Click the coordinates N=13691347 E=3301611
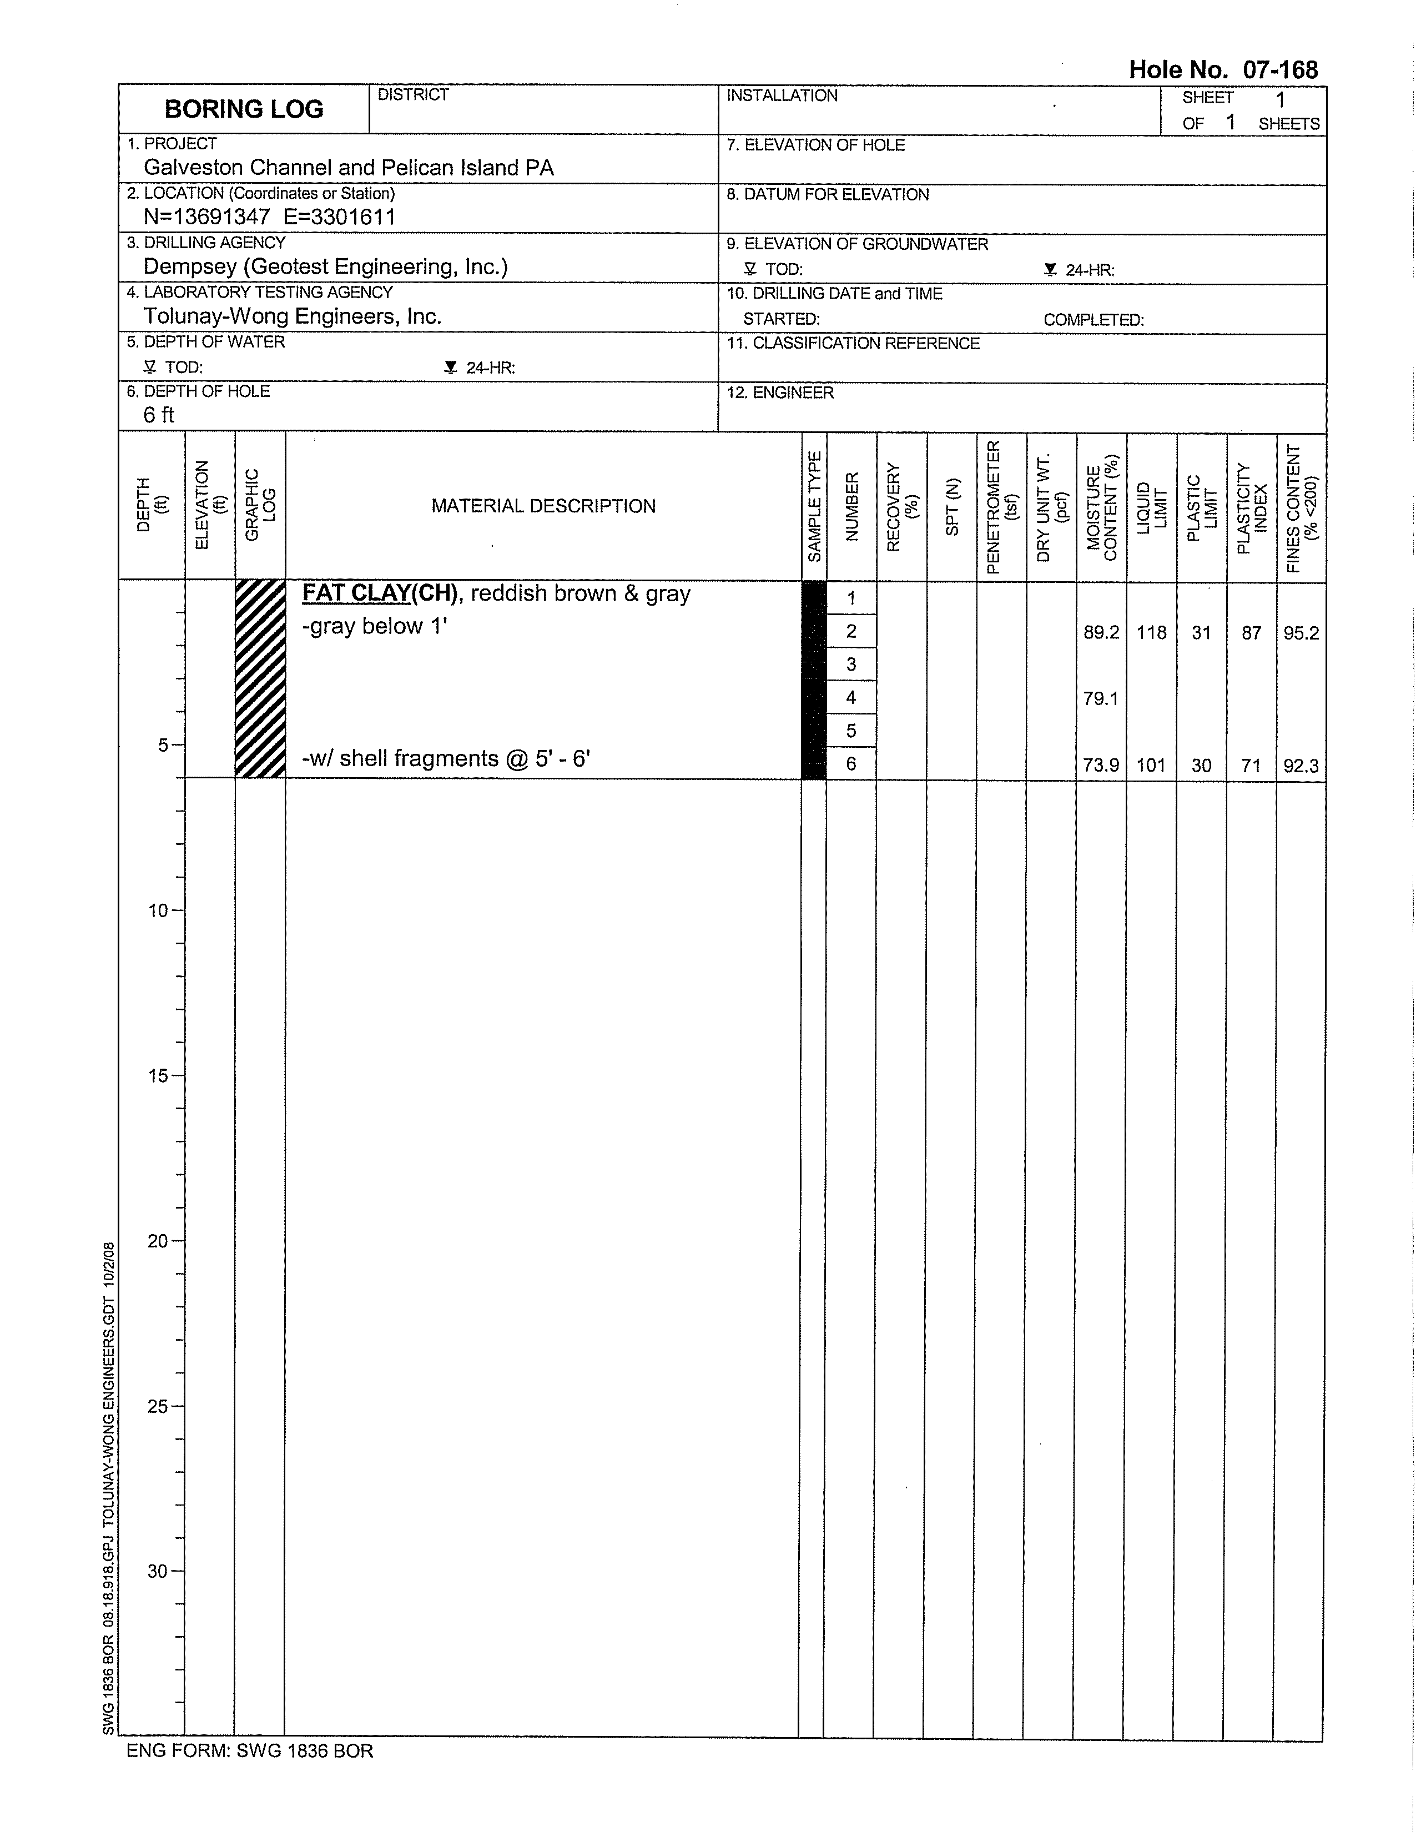click(269, 217)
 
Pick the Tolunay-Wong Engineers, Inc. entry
click(292, 316)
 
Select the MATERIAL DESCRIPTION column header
click(543, 506)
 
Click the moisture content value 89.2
click(1101, 632)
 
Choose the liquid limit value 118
click(1151, 632)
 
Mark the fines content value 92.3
click(1300, 765)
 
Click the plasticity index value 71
click(1251, 765)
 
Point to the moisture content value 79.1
click(1101, 698)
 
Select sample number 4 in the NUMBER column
click(850, 697)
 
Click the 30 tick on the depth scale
click(159, 1571)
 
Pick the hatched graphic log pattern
click(260, 680)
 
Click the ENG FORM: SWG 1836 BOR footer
click(249, 1750)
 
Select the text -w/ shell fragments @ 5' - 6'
click(445, 758)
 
